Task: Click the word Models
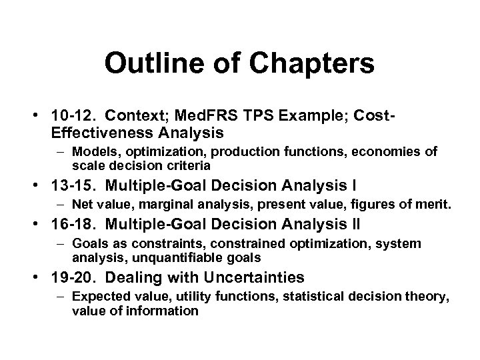click(92, 152)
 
